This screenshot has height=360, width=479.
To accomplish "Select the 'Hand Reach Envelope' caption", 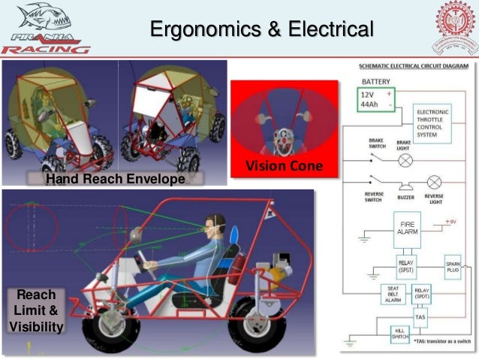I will [115, 179].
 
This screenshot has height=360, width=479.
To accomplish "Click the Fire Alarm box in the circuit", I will [407, 227].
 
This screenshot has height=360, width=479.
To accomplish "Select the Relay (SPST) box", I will [407, 265].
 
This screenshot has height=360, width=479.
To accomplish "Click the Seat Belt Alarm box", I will [392, 294].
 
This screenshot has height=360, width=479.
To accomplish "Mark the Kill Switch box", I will [399, 334].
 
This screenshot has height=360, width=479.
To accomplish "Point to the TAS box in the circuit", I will [420, 317].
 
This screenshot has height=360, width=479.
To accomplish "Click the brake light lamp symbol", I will [404, 160].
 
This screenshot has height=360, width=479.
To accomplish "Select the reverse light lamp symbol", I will [433, 182].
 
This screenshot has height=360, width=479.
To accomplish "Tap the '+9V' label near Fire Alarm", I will [450, 221].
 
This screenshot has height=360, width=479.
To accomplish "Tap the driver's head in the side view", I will [211, 224].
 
